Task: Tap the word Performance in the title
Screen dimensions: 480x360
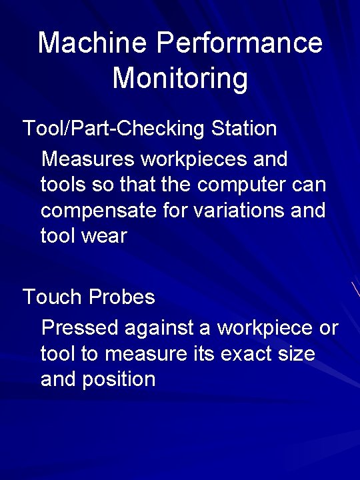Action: point(239,43)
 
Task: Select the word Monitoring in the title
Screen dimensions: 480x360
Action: point(180,78)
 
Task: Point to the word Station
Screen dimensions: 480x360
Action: point(243,129)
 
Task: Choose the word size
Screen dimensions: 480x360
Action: point(297,354)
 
